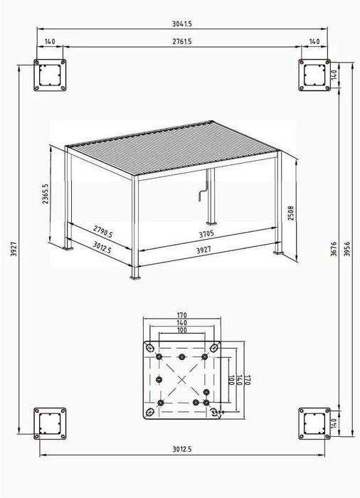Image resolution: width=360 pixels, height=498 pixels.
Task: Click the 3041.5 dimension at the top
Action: click(182, 23)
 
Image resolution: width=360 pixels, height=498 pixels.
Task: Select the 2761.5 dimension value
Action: click(182, 42)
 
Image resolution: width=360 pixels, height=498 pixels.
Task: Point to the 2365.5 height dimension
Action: click(45, 192)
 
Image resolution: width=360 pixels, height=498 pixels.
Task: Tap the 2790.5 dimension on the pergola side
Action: click(102, 231)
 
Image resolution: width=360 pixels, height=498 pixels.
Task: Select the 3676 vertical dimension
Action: click(334, 247)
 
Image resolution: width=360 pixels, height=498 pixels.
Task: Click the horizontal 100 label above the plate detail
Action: click(182, 330)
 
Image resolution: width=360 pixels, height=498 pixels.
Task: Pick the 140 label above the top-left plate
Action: click(49, 42)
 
